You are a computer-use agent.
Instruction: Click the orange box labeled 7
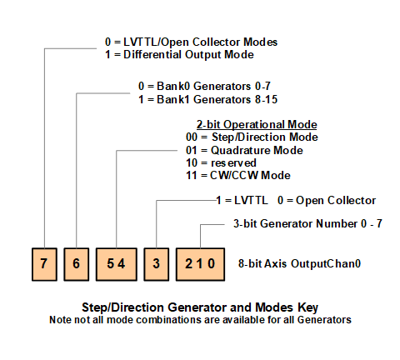44,264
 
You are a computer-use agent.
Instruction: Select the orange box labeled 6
77,264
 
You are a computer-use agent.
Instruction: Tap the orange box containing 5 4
117,264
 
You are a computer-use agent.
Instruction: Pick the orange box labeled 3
157,264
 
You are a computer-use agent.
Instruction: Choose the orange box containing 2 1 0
200,264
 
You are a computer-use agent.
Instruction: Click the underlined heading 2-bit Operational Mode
257,125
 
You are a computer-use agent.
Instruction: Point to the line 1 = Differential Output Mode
179,54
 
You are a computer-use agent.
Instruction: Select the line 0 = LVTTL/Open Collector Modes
191,42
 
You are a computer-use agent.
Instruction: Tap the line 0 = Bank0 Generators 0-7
204,86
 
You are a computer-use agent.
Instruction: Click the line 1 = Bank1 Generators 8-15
208,99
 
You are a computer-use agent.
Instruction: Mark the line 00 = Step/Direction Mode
252,137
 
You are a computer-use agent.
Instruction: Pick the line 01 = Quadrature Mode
244,150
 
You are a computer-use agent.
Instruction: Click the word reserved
233,162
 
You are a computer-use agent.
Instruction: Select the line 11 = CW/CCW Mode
238,175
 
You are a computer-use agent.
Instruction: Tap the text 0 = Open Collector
327,200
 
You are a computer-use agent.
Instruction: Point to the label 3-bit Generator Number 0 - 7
307,223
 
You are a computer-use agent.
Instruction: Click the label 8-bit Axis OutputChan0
299,263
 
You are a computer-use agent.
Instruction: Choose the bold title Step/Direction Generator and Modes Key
200,307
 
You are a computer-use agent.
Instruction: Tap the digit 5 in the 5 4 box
111,263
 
